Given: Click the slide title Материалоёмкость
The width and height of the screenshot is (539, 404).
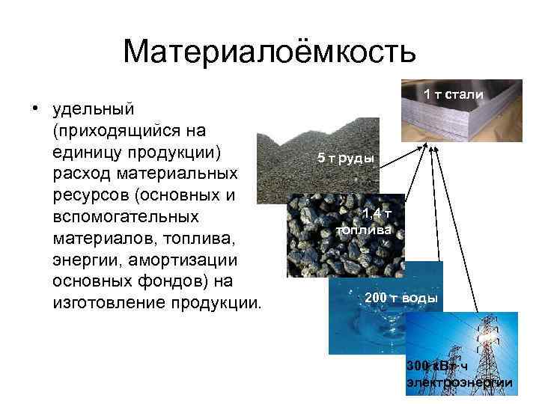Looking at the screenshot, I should (x=269, y=52).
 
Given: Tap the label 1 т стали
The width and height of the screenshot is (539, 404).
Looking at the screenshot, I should (x=454, y=94).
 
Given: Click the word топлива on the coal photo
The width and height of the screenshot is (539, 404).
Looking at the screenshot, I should (x=363, y=230).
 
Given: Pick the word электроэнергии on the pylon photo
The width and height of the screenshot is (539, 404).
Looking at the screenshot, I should (x=459, y=383).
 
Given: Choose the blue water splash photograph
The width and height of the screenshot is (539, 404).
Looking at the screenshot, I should (x=367, y=322).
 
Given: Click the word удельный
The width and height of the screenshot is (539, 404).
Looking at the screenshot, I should (x=94, y=109).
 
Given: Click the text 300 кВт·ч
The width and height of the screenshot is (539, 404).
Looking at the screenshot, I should (x=437, y=366).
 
